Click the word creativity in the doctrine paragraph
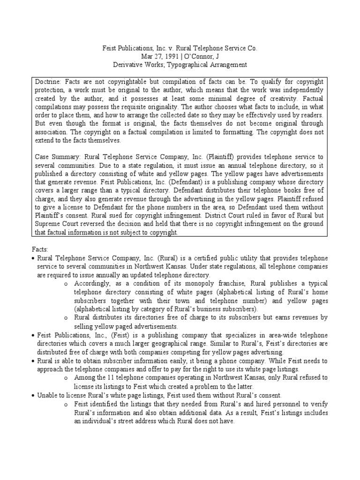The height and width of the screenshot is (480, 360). [271, 98]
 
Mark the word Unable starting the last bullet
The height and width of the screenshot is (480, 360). [47, 396]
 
